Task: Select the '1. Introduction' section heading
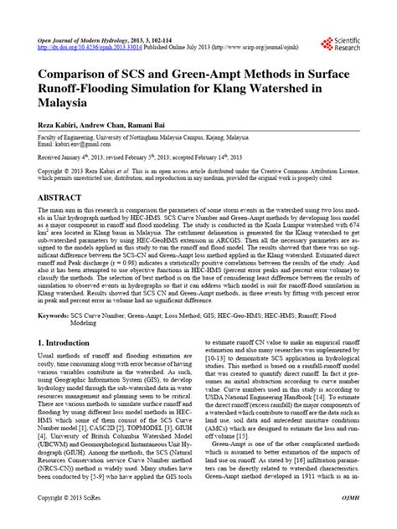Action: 68,390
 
